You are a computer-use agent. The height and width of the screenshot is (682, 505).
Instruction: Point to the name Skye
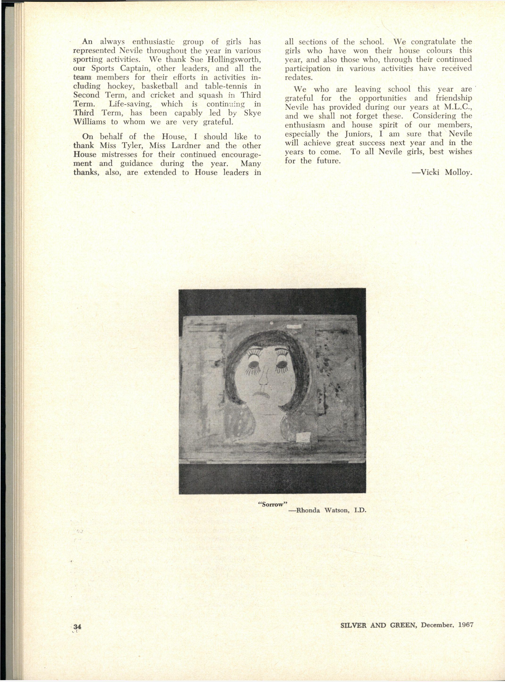pos(252,113)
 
